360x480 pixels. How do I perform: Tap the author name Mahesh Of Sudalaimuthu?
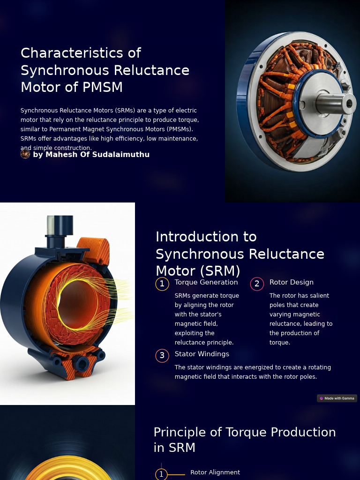91,154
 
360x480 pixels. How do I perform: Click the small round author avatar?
25,154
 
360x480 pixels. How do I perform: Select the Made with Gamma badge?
337,398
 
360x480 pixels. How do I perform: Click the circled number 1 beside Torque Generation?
162,284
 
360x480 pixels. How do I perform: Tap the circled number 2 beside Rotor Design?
257,284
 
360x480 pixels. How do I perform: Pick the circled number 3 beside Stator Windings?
162,356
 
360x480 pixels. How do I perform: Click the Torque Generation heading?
206,282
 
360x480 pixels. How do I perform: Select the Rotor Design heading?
291,282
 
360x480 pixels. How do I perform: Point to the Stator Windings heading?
202,354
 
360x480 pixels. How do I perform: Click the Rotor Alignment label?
215,472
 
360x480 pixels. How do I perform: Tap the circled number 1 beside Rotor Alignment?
161,474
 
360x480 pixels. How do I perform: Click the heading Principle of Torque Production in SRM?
244,440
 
